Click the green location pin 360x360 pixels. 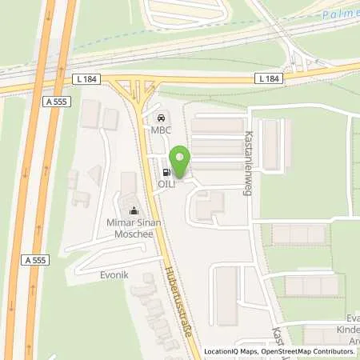pos(181,160)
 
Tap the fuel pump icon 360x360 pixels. pos(166,171)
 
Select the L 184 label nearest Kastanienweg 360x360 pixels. pos(270,77)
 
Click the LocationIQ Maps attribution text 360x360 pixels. pos(233,352)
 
